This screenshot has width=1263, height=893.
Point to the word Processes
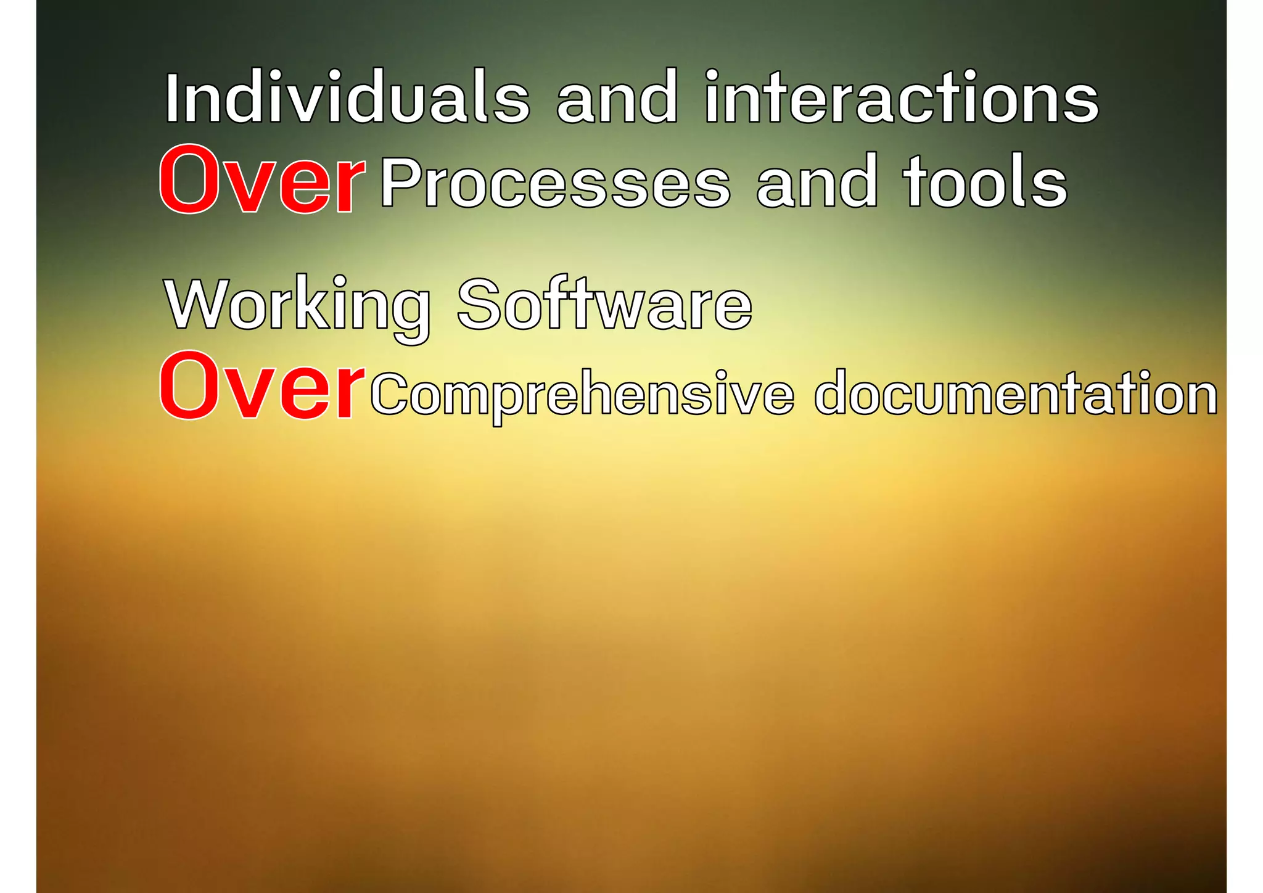555,183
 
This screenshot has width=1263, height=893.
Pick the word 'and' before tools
817,183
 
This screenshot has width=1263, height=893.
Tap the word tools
985,181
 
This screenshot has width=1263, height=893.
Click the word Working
298,306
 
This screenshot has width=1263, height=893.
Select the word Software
604,305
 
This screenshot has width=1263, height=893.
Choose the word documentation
1016,393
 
